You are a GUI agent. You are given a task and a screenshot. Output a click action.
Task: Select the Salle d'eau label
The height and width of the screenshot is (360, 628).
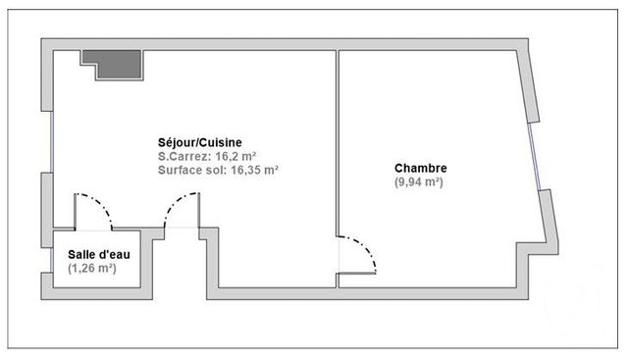(x=98, y=254)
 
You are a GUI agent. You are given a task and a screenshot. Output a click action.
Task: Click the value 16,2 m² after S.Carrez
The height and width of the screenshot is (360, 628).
(x=237, y=155)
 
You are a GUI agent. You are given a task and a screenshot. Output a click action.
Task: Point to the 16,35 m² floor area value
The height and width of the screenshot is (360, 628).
(x=255, y=169)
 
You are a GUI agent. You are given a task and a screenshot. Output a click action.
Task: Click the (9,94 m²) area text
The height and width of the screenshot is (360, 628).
(x=420, y=182)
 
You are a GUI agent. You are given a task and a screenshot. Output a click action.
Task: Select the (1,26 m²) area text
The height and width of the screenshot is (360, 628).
(x=92, y=268)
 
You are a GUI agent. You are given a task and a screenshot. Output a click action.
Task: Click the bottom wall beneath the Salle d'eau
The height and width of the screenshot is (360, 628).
(x=98, y=295)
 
